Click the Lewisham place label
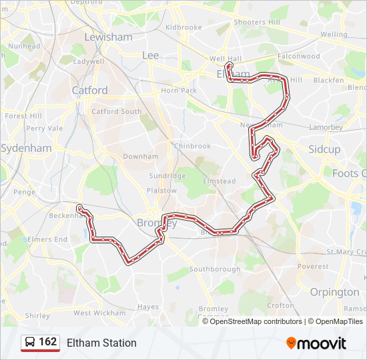pos(108,37)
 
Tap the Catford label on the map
pos(89,90)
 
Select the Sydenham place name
pos(26,148)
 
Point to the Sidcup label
pos(324,149)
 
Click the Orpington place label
pos(334,292)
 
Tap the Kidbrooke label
pos(183,27)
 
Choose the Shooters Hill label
pos(257,22)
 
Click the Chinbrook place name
pos(192,146)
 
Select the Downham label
pos(141,157)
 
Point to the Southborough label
pos(215,269)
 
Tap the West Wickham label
pos(99,313)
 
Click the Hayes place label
pos(148,307)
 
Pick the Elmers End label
pos(48,239)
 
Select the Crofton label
pos(280,305)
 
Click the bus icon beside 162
pos(30,343)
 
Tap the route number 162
pos(48,342)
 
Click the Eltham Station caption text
pos(101,343)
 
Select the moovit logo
pos(316,343)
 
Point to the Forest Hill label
pos(23,116)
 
